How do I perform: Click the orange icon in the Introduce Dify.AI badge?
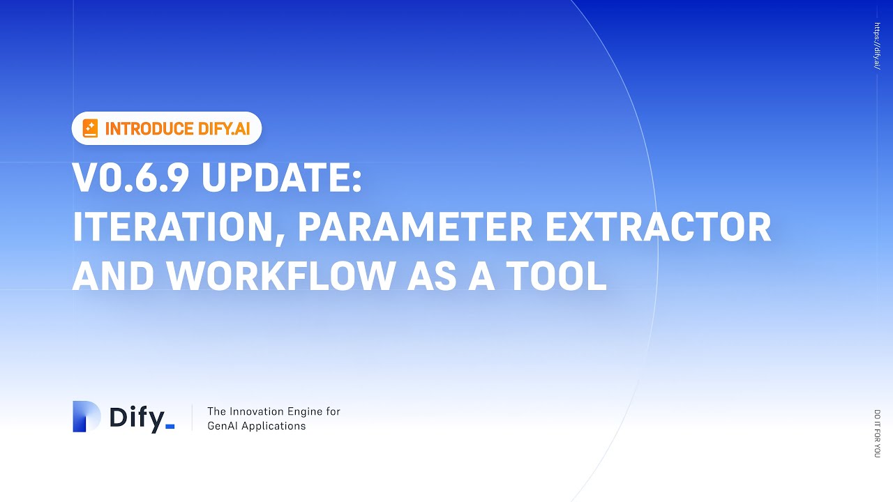coord(90,128)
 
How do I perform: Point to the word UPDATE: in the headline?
coord(282,179)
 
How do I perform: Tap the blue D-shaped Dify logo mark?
coord(87,416)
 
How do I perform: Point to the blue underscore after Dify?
coord(169,427)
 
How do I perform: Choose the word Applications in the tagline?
coord(275,426)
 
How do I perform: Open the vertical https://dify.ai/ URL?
coord(877,46)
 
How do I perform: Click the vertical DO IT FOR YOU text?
coord(877,433)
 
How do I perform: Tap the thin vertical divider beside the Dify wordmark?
coord(193,417)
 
